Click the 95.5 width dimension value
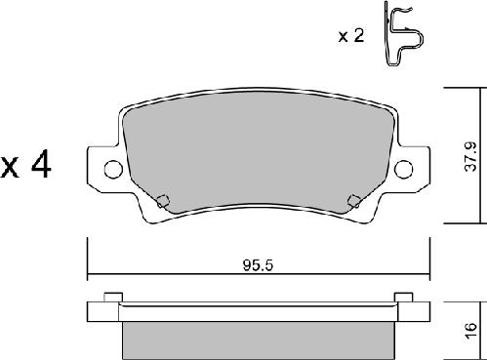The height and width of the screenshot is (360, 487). [255, 262]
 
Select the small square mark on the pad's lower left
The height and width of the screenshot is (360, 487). [164, 202]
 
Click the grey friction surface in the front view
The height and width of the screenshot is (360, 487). [258, 156]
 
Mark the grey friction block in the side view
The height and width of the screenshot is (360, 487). [258, 339]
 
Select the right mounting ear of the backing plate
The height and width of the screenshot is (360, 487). [413, 170]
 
